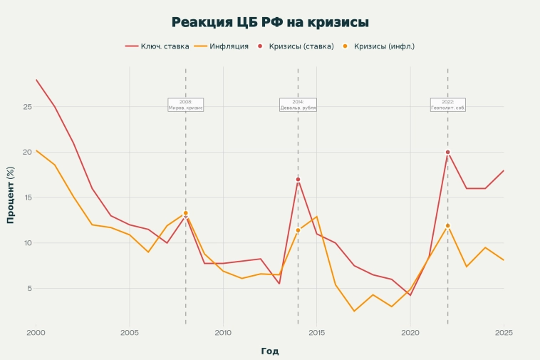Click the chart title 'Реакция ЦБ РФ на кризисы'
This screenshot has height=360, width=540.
(x=270, y=22)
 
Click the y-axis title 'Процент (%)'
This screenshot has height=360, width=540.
(x=11, y=195)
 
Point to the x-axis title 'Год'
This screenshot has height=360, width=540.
(x=270, y=351)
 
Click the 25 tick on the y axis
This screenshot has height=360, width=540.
(x=28, y=107)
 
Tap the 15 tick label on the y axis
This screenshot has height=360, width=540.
(x=28, y=197)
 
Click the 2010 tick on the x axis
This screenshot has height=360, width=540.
(x=223, y=332)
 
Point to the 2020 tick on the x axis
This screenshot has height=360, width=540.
(x=410, y=332)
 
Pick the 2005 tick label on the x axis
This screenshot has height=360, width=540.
(x=130, y=332)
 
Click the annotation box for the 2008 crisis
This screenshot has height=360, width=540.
(x=186, y=105)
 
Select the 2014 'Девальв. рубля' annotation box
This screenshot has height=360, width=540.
(x=298, y=105)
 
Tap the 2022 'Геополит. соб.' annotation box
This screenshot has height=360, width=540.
(x=447, y=105)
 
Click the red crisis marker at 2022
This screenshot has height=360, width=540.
(x=447, y=152)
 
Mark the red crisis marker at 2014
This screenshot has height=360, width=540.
(x=298, y=180)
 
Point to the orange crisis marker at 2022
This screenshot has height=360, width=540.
(x=447, y=225)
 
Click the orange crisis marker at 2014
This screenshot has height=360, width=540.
(x=298, y=230)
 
